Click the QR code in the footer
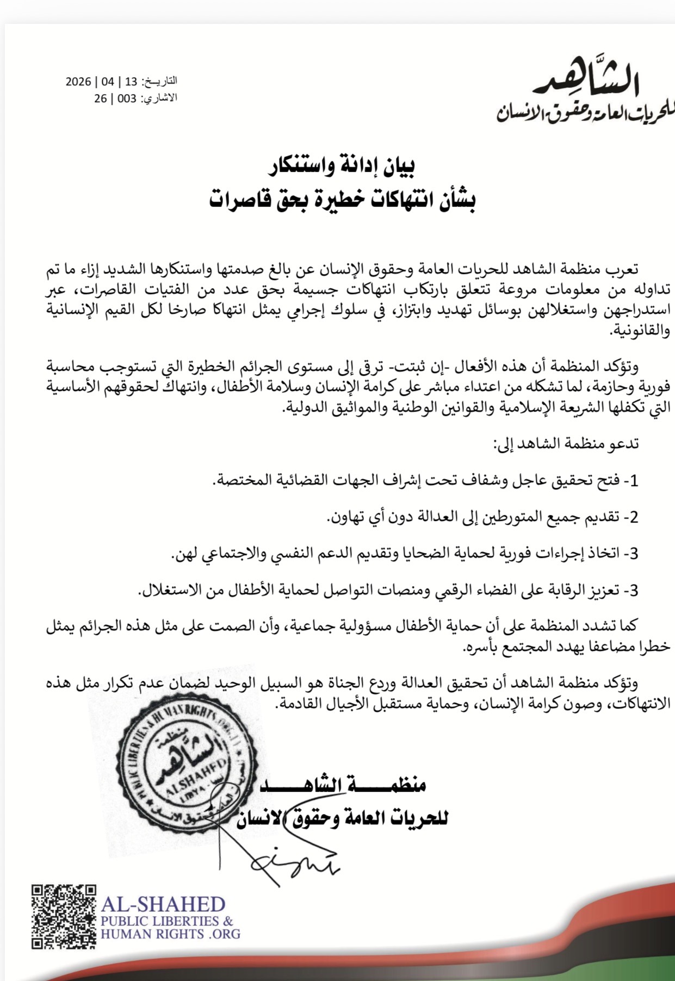pyautogui.click(x=64, y=917)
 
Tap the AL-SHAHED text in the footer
pyautogui.click(x=163, y=904)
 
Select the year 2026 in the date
pyautogui.click(x=78, y=82)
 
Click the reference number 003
pyautogui.click(x=127, y=98)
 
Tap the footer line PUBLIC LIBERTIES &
pyautogui.click(x=167, y=921)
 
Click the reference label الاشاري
pyautogui.click(x=159, y=98)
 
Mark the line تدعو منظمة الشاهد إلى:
pyautogui.click(x=566, y=443)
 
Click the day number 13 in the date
pyautogui.click(x=131, y=82)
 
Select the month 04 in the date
pyautogui.click(x=108, y=82)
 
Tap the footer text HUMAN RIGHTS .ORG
pyautogui.click(x=170, y=934)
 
